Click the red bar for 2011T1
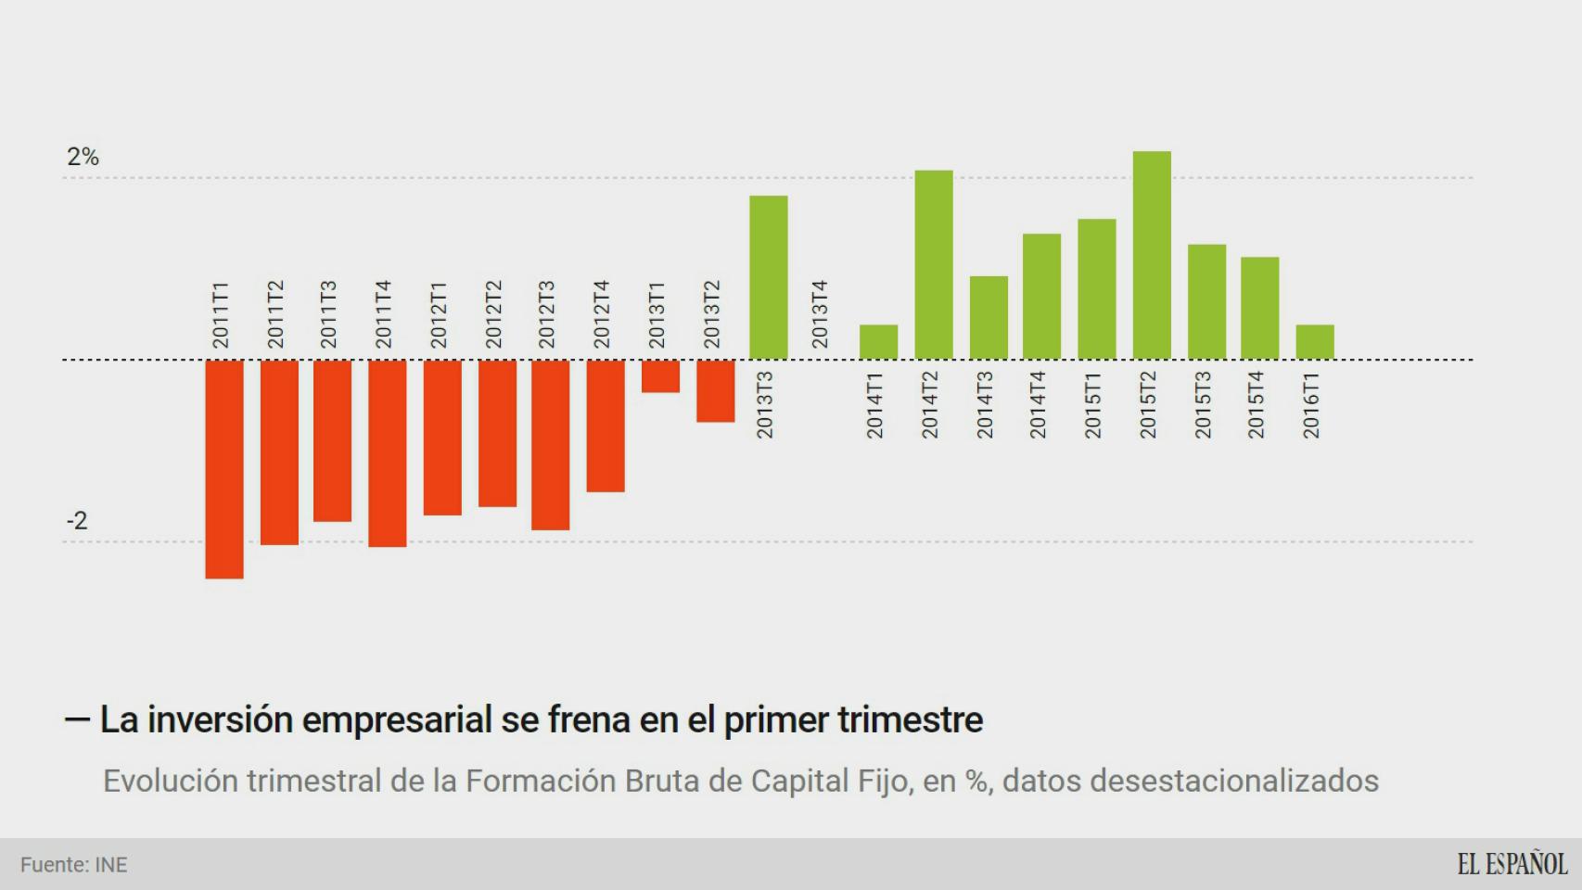[224, 468]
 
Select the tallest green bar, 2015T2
[1152, 255]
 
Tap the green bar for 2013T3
[769, 277]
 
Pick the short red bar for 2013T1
[660, 376]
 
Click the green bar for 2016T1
[1315, 342]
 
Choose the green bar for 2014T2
[934, 264]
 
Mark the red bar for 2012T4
[606, 426]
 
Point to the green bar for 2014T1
[878, 342]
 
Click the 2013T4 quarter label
[820, 314]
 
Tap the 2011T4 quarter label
[384, 314]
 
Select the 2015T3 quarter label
[1203, 405]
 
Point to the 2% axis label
[83, 157]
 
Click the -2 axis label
[77, 521]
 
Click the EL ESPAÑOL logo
[1512, 864]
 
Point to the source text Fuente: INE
[74, 865]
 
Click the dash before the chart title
[77, 718]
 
